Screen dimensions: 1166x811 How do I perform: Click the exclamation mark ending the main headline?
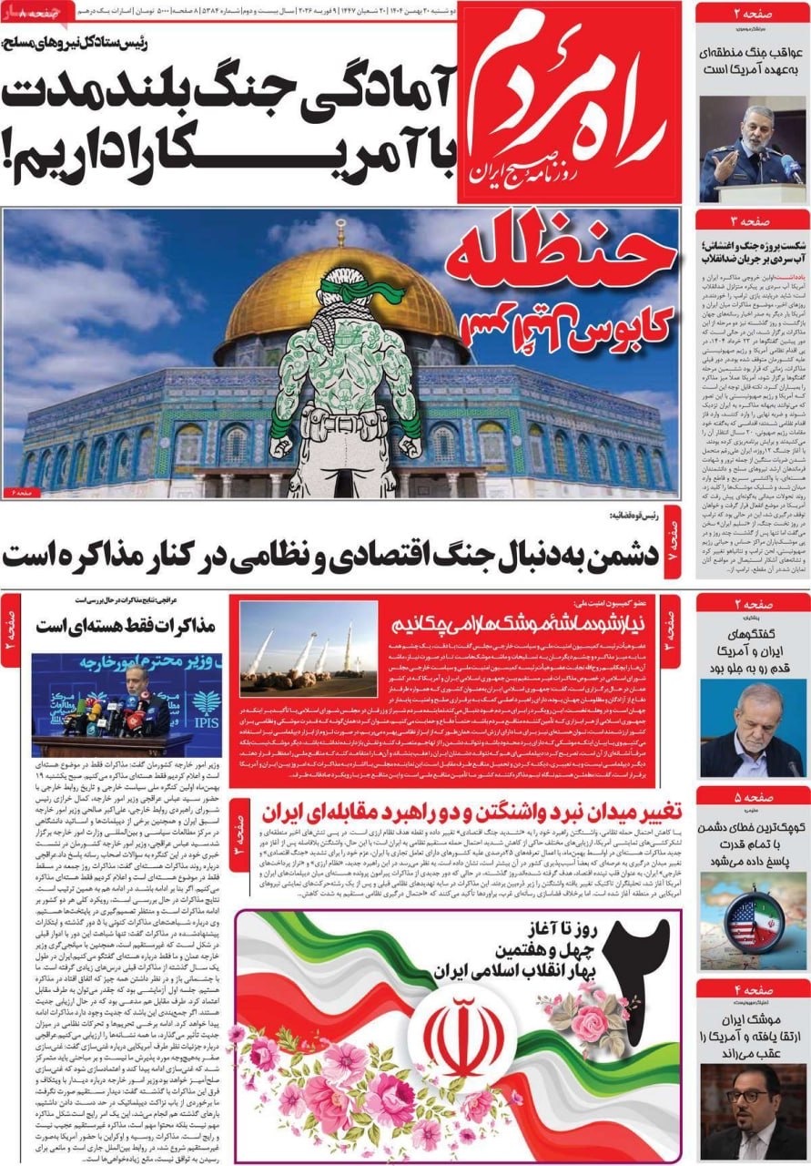[13, 145]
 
